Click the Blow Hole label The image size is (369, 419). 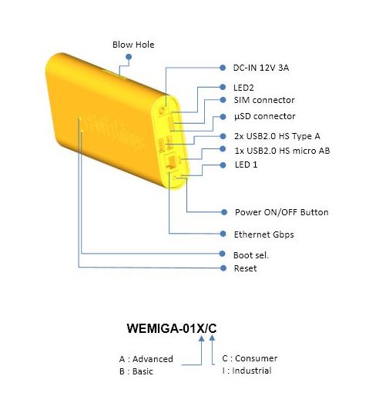point(133,45)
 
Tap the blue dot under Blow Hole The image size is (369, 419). point(129,57)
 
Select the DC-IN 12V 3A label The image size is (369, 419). point(261,68)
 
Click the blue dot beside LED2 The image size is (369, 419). point(223,87)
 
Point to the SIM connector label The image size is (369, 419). point(264,100)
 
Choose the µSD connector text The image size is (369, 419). point(264,116)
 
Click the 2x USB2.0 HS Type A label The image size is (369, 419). point(277,136)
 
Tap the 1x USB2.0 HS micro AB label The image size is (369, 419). point(282,151)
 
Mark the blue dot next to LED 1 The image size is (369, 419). point(223,165)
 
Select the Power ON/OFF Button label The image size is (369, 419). point(281,212)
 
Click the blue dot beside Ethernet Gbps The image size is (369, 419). point(223,234)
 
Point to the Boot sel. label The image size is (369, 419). point(251,255)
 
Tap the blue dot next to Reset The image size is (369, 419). point(223,268)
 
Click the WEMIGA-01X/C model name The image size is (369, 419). point(172,328)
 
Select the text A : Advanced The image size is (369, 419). point(146,359)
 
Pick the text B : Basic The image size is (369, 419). point(136,371)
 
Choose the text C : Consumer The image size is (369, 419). point(250,358)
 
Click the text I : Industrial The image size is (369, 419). point(247,371)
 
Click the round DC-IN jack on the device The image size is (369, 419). point(162,110)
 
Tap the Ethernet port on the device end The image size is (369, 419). point(171,162)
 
